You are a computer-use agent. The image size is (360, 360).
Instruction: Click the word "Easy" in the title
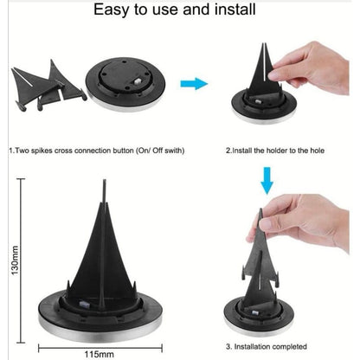tap(112, 10)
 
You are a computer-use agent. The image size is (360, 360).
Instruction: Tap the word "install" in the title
tap(235, 9)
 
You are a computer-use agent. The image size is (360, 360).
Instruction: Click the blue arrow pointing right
tap(194, 84)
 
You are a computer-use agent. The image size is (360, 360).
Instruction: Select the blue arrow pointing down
tap(267, 181)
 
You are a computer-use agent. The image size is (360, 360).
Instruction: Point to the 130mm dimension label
tap(15, 260)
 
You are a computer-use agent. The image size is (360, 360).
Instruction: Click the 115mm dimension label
tap(99, 354)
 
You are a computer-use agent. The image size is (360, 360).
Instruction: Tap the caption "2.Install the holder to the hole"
tap(275, 151)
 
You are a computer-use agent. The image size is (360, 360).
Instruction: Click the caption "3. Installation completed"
tap(267, 346)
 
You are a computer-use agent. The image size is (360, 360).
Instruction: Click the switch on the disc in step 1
tap(137, 81)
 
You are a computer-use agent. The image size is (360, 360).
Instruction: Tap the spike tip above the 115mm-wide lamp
tap(104, 181)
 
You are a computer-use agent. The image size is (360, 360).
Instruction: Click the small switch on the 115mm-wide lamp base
tap(85, 304)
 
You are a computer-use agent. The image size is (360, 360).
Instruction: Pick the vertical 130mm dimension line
tap(21, 260)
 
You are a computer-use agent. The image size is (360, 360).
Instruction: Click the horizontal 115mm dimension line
tap(100, 348)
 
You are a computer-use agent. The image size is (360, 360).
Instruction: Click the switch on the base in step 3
tap(255, 312)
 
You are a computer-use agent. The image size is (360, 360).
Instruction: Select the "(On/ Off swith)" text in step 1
tap(160, 151)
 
